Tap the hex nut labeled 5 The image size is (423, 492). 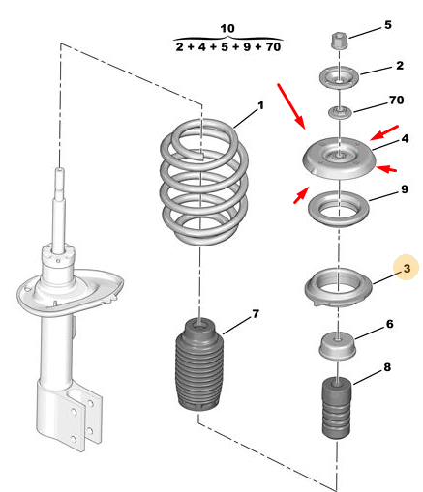pos(340,41)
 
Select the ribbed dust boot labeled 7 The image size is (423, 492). pos(199,364)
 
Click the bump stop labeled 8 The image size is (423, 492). pos(337,408)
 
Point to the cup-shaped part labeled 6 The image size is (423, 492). pos(338,347)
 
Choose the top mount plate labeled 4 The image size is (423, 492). pos(339,159)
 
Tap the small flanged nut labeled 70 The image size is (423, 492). pos(339,113)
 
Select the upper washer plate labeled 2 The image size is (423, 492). pos(340,77)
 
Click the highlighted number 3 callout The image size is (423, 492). pos(407,268)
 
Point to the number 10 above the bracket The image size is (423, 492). pos(227,28)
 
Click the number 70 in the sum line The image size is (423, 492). pos(273,47)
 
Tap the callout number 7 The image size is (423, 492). pos(256,314)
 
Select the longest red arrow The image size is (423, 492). pos(291,106)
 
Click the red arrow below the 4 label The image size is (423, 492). pos(386,168)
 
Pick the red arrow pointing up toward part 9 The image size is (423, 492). pos(301,195)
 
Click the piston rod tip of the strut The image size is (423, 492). pos(60,170)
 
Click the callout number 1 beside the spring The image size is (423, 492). pos(260,105)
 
